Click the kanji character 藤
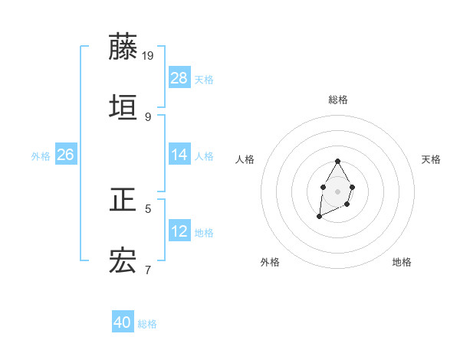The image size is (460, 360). [123, 47]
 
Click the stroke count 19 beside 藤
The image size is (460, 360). [149, 55]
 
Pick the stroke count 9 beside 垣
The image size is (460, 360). [148, 116]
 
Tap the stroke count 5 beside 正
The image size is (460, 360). [148, 208]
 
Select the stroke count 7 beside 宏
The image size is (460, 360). [148, 270]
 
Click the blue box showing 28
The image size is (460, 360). [179, 78]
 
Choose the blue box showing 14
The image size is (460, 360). [179, 155]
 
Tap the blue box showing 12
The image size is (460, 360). [179, 231]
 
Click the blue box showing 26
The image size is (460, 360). [66, 155]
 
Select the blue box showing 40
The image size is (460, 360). [123, 322]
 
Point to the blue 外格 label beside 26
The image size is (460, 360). [41, 155]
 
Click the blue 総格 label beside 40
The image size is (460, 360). [147, 324]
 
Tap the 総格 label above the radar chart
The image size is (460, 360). [338, 100]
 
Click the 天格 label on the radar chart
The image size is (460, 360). [431, 159]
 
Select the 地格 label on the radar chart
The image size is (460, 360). [402, 262]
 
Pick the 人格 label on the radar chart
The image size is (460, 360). [245, 159]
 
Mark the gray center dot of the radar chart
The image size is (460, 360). [337, 190]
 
